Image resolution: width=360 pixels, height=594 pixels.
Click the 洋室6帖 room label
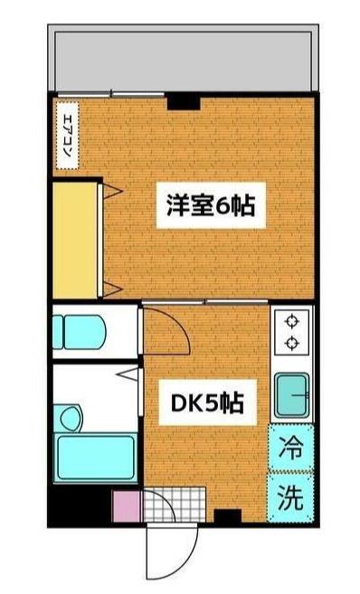point(211,205)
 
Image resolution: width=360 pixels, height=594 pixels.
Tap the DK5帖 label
point(207,402)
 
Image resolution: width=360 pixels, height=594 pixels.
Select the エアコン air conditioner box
point(68,136)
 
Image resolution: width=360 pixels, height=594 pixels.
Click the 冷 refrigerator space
point(291,448)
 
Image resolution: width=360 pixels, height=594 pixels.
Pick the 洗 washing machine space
point(290,496)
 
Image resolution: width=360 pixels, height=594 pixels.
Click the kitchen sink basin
point(292,395)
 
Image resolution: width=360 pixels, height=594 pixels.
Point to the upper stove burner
point(292,322)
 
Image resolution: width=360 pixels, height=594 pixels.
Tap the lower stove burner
point(292,344)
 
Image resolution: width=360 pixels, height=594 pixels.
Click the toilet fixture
point(79,332)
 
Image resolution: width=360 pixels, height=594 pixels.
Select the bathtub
point(96,457)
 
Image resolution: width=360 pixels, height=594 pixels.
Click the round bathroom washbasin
point(71,419)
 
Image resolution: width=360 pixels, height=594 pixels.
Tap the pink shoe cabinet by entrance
point(127,505)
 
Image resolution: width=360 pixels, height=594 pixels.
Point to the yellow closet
point(75,240)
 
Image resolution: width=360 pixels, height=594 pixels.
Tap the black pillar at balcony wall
point(184,101)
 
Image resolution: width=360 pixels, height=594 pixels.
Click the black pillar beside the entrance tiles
point(227,516)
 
